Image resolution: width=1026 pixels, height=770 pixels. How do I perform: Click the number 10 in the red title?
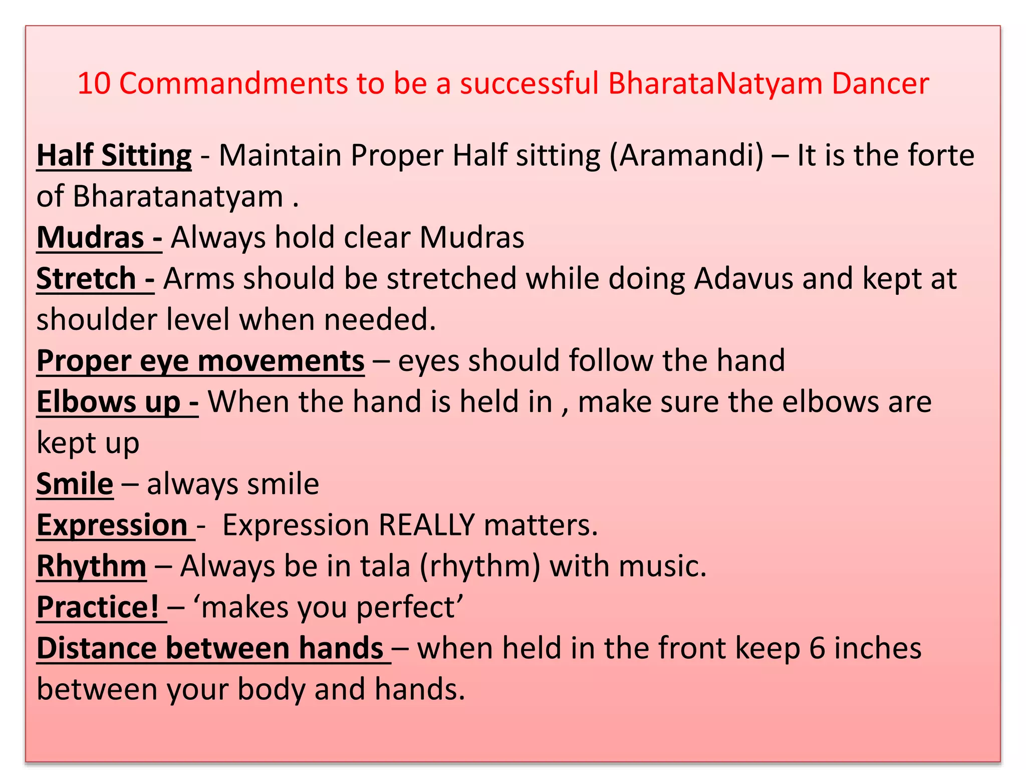94,83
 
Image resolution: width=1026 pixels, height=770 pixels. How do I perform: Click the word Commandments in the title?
233,83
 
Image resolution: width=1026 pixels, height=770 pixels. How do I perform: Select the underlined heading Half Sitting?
114,155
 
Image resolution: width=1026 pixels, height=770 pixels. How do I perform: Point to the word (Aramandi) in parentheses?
687,155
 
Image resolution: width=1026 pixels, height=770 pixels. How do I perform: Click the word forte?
942,155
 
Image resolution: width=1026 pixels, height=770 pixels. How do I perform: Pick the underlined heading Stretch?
87,279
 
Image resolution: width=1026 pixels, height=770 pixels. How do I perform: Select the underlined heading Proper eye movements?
200,361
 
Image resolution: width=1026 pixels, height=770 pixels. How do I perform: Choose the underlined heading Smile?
75,484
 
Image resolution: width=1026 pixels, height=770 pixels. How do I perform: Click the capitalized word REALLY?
426,525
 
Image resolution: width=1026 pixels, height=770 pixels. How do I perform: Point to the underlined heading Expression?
112,525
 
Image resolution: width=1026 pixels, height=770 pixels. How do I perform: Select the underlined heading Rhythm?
92,566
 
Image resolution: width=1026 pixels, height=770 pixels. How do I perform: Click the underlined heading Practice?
98,608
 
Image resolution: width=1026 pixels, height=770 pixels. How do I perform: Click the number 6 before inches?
817,649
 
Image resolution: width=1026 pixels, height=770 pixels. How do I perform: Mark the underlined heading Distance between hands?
210,649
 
